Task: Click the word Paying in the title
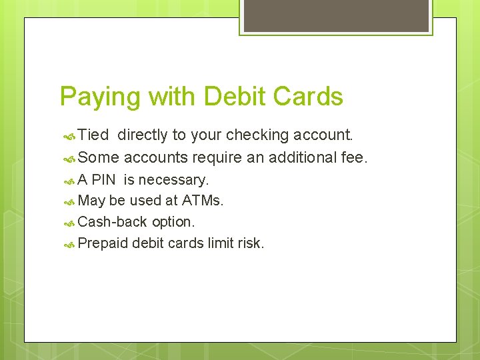coord(100,97)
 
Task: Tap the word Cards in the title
coord(308,97)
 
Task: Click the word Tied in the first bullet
coord(93,135)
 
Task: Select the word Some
coord(99,158)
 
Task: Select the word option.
coord(173,222)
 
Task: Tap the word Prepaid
coord(103,243)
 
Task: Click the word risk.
coord(251,243)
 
